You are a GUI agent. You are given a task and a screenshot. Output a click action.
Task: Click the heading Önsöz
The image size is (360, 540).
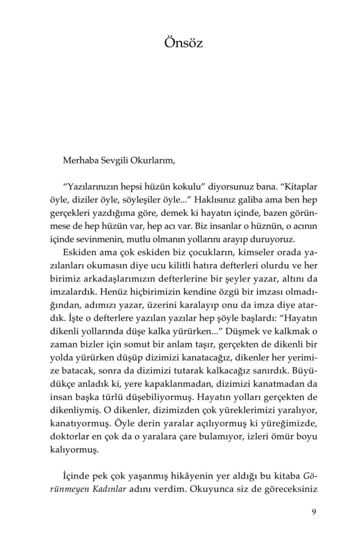pos(183,43)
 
